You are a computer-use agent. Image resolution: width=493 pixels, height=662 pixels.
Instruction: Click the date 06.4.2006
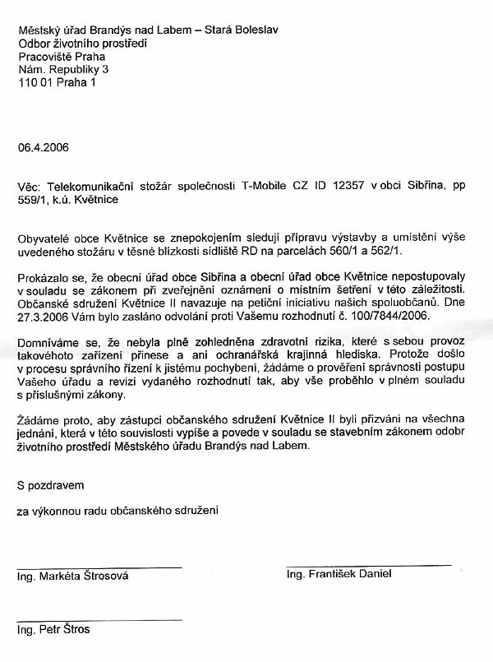click(x=43, y=148)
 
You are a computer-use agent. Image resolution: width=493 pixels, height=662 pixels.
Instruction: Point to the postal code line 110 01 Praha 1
click(x=57, y=83)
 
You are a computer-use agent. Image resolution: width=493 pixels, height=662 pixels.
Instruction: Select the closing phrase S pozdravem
click(x=50, y=486)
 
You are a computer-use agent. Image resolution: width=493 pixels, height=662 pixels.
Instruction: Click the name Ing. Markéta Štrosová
click(x=72, y=576)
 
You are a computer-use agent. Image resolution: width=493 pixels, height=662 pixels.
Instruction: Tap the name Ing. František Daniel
click(x=339, y=574)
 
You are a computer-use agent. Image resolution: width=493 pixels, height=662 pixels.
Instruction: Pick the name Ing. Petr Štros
click(x=53, y=630)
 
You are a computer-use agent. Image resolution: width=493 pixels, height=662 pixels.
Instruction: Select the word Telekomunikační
click(x=87, y=187)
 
